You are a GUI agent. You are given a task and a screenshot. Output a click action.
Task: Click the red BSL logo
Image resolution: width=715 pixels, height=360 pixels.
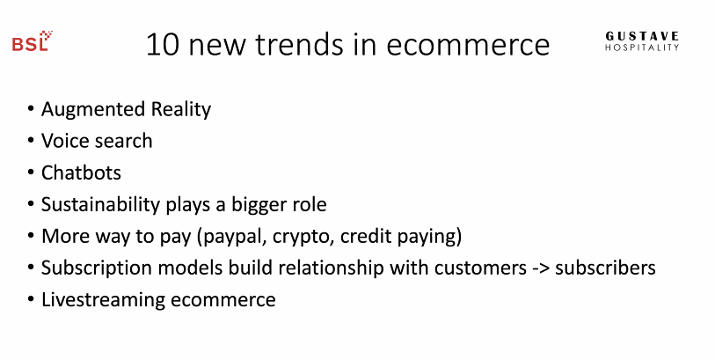(32, 41)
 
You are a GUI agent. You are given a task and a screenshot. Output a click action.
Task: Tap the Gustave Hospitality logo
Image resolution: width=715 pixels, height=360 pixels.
(642, 41)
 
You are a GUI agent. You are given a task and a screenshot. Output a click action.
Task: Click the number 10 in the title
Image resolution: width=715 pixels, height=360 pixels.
(163, 45)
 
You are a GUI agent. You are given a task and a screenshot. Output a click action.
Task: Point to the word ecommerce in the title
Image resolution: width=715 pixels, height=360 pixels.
(468, 46)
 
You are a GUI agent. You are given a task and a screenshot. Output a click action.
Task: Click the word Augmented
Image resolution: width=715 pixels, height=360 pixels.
(93, 110)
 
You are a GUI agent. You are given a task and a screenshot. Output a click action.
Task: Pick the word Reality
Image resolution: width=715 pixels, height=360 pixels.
(181, 110)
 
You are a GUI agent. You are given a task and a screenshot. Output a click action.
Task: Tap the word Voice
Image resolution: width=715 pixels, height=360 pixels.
(66, 141)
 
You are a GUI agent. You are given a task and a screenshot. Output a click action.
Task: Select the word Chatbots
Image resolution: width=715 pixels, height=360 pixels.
(81, 173)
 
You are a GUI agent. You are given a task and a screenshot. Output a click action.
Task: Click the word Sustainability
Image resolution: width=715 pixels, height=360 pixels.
(100, 205)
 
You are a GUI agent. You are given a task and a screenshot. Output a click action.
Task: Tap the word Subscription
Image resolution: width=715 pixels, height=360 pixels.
(96, 268)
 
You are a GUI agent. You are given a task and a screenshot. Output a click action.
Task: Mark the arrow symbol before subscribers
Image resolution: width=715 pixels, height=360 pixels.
(541, 268)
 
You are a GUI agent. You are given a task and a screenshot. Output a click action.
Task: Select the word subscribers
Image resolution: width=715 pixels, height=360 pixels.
(606, 268)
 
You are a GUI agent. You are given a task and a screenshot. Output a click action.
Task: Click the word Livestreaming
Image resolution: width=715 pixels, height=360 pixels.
(103, 300)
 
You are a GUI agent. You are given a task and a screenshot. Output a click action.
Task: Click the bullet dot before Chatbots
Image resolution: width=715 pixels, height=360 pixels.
(31, 173)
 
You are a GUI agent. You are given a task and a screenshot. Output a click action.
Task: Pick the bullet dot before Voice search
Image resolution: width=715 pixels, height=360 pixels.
(31, 141)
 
